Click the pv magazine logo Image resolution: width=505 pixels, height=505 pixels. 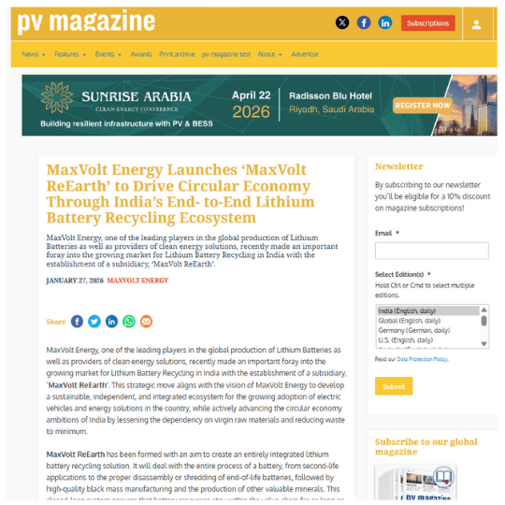point(87,22)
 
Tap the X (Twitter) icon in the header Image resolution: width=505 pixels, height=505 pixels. point(341,22)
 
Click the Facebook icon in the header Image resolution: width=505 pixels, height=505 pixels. point(364,22)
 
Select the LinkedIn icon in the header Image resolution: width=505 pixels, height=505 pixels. point(384,22)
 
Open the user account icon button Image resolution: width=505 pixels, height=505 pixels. point(477,23)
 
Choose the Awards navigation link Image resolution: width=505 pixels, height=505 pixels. point(141,54)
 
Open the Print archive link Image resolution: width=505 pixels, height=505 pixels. point(177,54)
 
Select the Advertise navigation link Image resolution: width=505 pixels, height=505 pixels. point(305,54)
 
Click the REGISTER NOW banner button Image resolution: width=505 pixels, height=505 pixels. point(424,106)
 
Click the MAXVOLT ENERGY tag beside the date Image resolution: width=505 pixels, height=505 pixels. point(137,281)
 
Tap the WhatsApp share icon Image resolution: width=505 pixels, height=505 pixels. point(128,322)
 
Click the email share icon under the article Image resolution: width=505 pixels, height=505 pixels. point(146,322)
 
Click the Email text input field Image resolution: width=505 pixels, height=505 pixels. point(431,251)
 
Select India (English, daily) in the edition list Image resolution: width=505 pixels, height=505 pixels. point(412,310)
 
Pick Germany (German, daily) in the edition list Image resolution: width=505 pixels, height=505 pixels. point(413,330)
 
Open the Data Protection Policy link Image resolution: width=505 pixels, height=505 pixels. point(422,359)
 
